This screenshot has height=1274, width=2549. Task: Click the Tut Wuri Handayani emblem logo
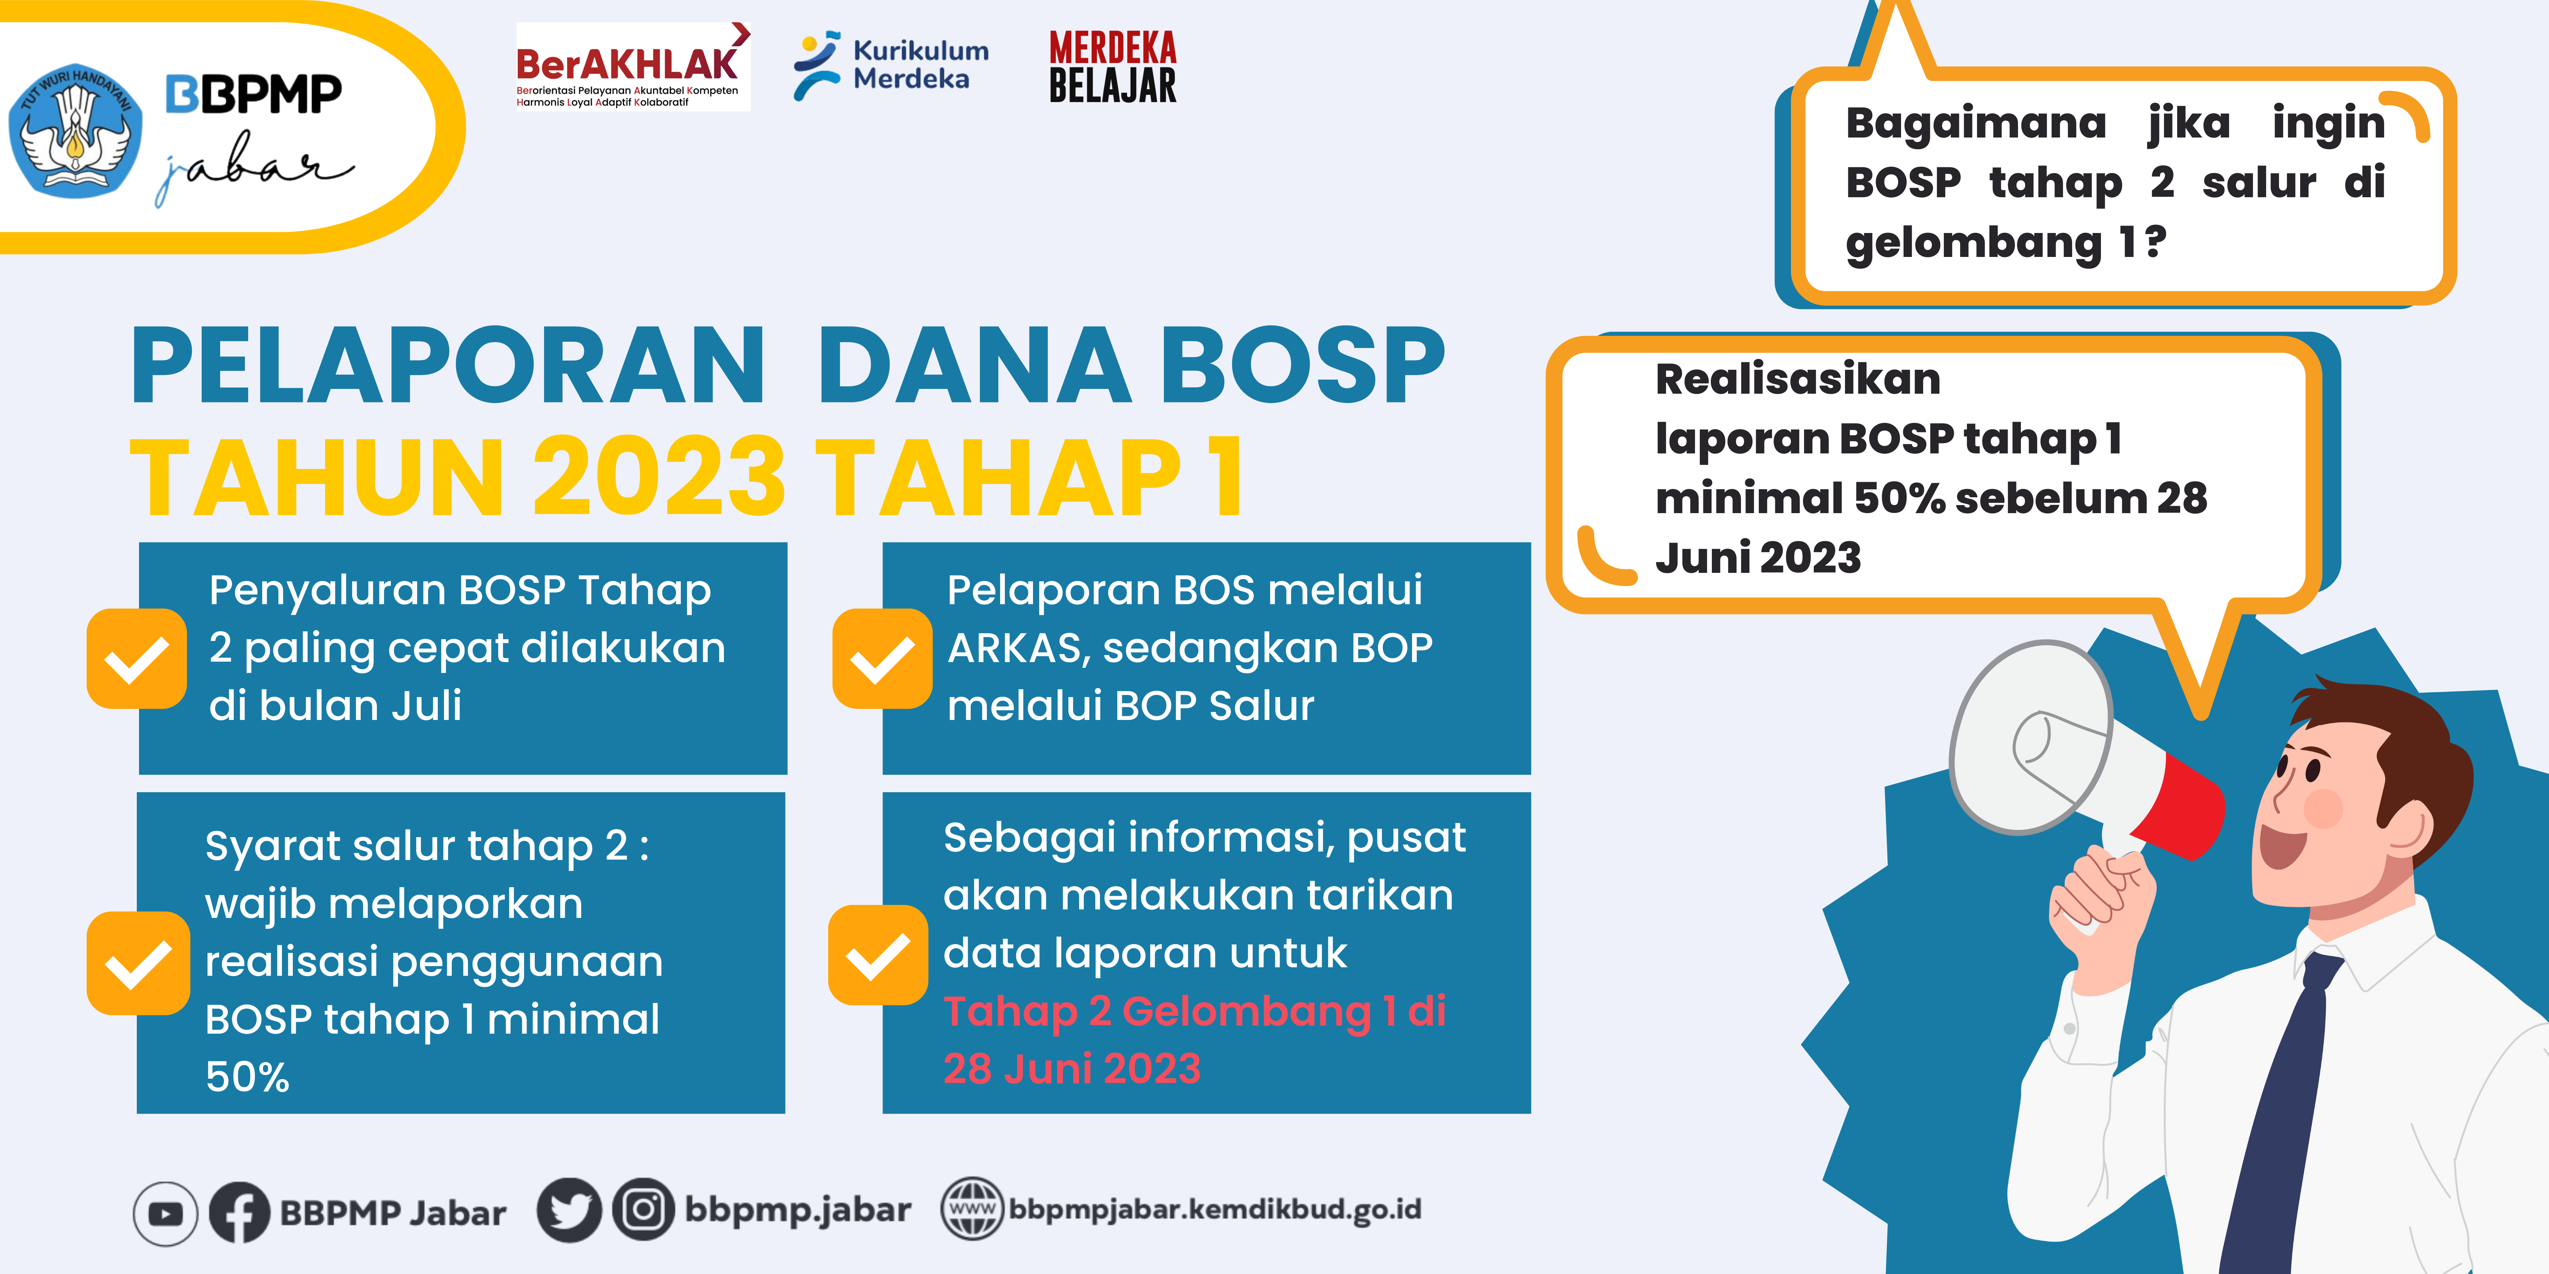pyautogui.click(x=75, y=130)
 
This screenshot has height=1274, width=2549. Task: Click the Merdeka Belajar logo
pyautogui.click(x=1112, y=66)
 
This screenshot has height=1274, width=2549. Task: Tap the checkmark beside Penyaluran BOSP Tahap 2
pyautogui.click(x=136, y=659)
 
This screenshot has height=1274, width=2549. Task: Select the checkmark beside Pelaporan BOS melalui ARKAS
pyautogui.click(x=882, y=659)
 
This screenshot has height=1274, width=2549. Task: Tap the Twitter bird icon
pyautogui.click(x=569, y=1210)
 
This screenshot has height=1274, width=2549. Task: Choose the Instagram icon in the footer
pyautogui.click(x=643, y=1210)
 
